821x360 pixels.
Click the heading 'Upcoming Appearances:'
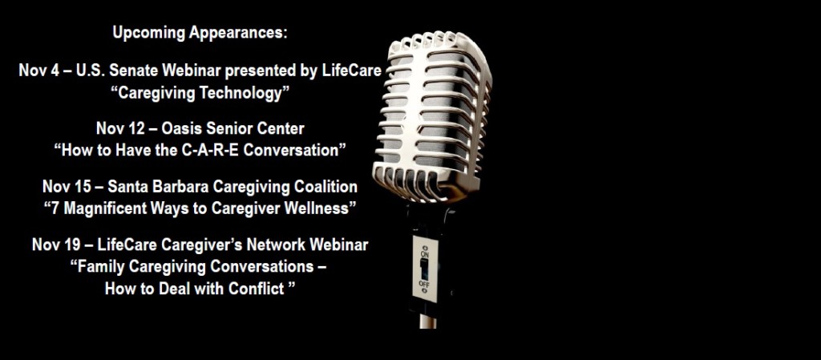[200, 33]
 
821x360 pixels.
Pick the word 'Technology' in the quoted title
[246, 94]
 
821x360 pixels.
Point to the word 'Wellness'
[324, 208]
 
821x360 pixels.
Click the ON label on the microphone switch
[425, 253]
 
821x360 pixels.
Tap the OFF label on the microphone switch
[423, 284]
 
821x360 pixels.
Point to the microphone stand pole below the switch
[427, 316]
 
